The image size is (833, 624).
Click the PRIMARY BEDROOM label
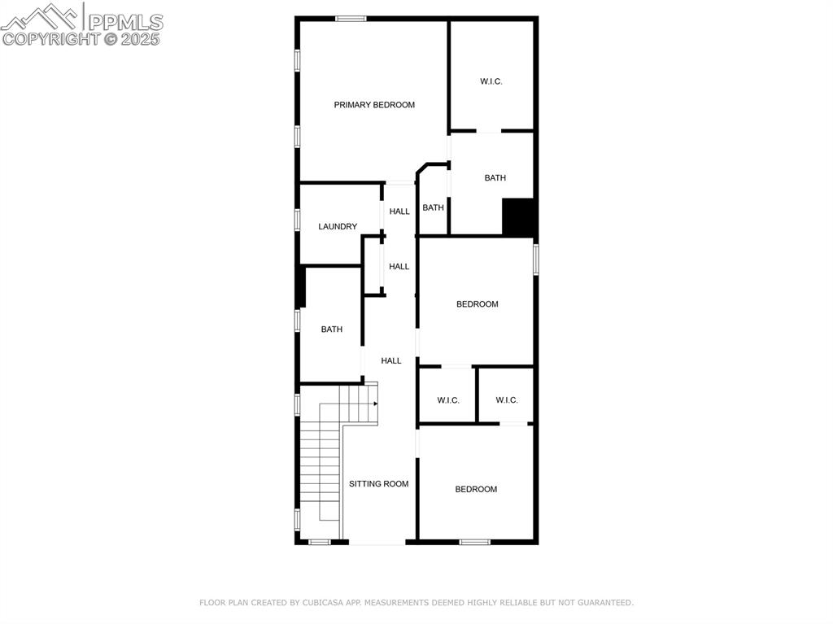coord(374,105)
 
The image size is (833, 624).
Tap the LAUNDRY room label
coord(338,227)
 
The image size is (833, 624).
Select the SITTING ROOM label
coord(379,484)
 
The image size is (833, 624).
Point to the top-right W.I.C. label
coord(491,81)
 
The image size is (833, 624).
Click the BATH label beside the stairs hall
coord(331,329)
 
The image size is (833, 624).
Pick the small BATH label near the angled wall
coord(433,208)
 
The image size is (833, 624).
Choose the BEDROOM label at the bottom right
coord(476,489)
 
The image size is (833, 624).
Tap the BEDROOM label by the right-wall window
coord(477,304)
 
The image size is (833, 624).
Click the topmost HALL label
coord(399,212)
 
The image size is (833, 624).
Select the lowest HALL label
coord(391,360)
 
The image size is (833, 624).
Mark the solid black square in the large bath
coord(518,216)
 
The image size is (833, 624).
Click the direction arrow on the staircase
coord(375,404)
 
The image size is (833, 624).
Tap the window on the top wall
coord(351,18)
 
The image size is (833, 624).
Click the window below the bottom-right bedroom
coord(475,542)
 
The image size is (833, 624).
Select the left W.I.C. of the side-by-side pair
coord(448,400)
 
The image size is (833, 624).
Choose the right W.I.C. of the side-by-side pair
coord(507,400)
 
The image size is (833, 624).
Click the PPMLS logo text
coord(124,22)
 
